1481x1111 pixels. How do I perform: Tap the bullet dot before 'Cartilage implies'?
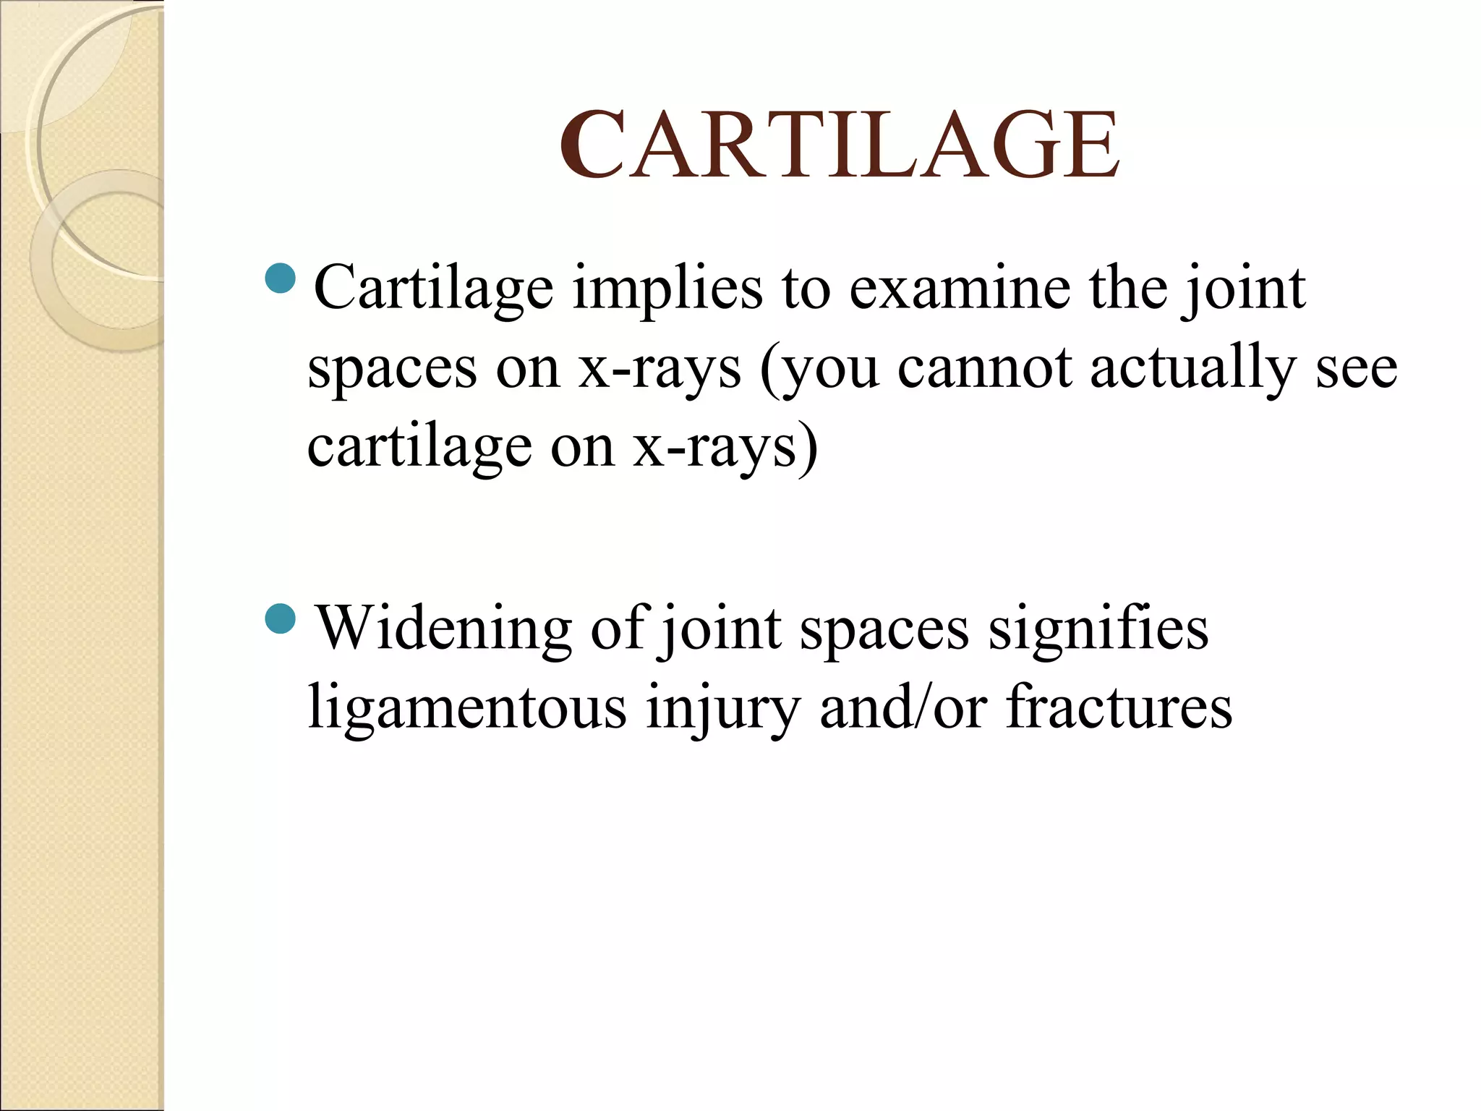[281, 278]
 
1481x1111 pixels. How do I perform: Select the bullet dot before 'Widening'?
[281, 618]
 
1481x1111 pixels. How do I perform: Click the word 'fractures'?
[1119, 707]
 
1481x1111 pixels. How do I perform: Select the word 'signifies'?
[1098, 628]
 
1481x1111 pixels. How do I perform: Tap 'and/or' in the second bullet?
[903, 707]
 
